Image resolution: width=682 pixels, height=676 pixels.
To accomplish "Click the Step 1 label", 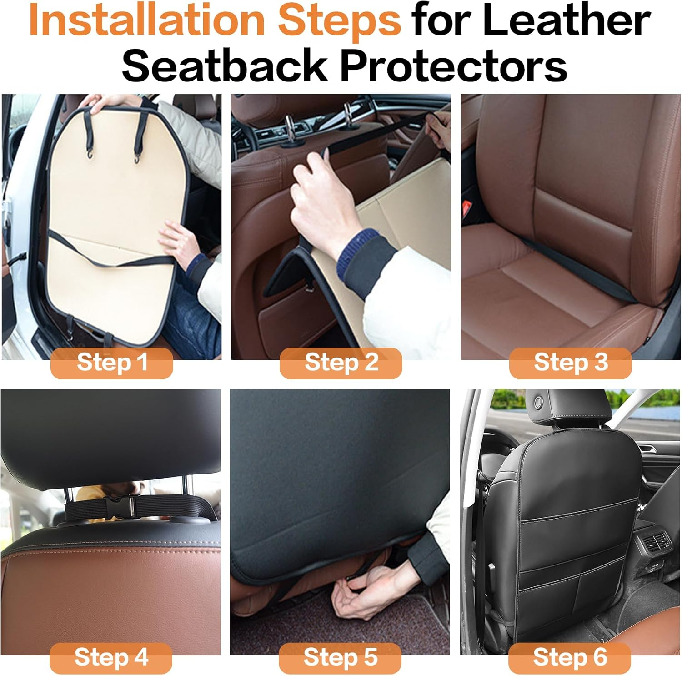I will pos(112,363).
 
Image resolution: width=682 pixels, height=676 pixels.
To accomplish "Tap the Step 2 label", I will pos(341,363).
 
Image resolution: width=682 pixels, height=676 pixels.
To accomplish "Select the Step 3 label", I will pos(571,363).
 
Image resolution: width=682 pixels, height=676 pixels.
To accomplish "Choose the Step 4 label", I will pos(111,657).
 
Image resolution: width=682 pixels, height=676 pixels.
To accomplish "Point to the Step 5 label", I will pos(340,657).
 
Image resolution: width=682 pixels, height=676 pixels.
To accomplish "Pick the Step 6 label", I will pos(570,657).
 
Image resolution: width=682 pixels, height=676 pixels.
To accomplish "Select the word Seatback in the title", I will pos(224,66).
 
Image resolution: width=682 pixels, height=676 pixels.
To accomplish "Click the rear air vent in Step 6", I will pos(655,541).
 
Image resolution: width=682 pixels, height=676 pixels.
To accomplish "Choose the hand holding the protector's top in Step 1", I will pos(104,102).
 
